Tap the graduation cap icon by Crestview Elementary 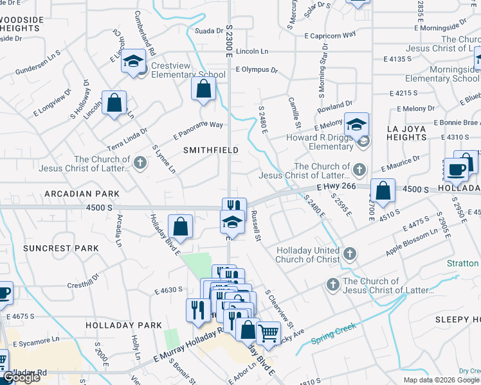pyautogui.click(x=134, y=62)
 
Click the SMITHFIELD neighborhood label pyautogui.click(x=211, y=150)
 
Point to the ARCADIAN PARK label pyautogui.click(x=82, y=194)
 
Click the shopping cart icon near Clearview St pyautogui.click(x=268, y=332)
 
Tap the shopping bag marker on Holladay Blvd pyautogui.click(x=182, y=227)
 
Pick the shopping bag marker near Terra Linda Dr pyautogui.click(x=114, y=103)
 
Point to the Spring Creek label pyautogui.click(x=334, y=336)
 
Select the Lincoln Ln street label pyautogui.click(x=252, y=51)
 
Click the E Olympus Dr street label pyautogui.click(x=257, y=70)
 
